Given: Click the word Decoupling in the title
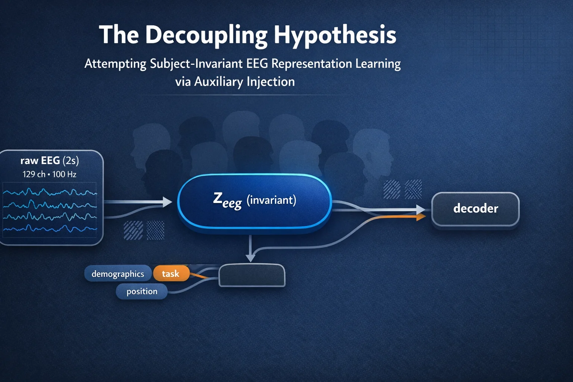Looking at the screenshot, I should point(206,35).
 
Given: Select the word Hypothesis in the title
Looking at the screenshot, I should point(335,35).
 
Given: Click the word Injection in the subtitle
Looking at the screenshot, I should point(271,81).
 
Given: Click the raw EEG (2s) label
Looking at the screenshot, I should point(50,161).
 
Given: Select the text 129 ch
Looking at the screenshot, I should point(34,174).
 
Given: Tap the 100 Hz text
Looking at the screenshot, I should point(64,174).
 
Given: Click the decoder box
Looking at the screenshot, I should point(475,209).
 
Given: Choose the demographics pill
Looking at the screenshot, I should point(118,274).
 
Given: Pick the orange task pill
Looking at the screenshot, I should point(171,274).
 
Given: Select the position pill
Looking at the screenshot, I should point(142,291).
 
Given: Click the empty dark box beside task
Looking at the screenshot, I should point(252,275).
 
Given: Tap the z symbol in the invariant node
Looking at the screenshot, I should point(217,198).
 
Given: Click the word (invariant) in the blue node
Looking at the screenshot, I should point(271,200).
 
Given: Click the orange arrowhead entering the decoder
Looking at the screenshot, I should point(421,217).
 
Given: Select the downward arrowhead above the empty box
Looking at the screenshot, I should point(251,257).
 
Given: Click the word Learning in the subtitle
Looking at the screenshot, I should point(378,63).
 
